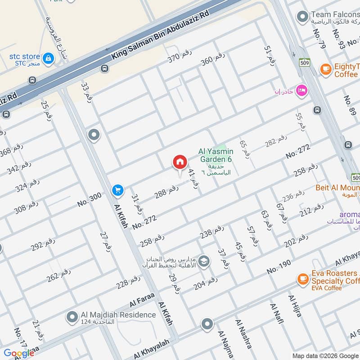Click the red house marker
(180, 162)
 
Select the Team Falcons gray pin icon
(302, 18)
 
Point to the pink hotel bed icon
(301, 90)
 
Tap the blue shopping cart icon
(118, 191)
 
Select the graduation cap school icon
(204, 261)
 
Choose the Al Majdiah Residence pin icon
(72, 318)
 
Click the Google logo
(18, 353)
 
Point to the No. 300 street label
(89, 197)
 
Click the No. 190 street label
(279, 265)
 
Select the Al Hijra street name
(295, 306)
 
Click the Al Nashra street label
(243, 334)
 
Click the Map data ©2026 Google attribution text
(325, 355)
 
